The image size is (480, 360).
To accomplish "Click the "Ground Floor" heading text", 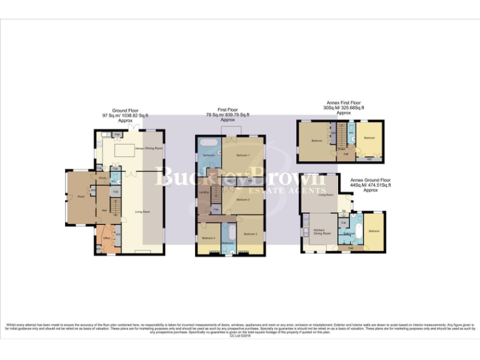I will (x=125, y=110).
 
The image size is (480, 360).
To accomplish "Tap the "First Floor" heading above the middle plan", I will (x=227, y=110).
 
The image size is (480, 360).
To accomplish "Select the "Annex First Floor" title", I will (x=344, y=102).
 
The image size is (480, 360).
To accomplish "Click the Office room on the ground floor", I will (x=106, y=237).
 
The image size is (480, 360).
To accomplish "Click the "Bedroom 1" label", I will (x=242, y=154).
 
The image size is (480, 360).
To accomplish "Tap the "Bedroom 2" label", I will (x=242, y=199).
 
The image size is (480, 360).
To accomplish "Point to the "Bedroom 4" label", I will (x=208, y=238).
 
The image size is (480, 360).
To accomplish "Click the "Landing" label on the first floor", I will (x=204, y=192).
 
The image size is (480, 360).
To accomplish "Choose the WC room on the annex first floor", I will (x=351, y=134).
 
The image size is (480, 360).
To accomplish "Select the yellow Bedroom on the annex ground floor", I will (x=374, y=231).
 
